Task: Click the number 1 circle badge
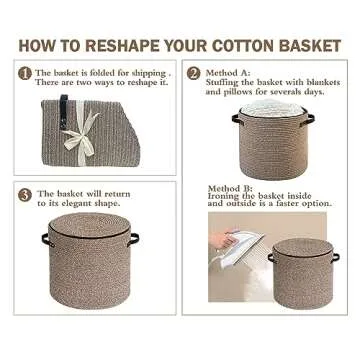[25, 73]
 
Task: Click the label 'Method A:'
[227, 73]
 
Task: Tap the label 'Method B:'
[230, 188]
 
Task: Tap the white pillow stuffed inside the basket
[273, 109]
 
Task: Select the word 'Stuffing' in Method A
[225, 82]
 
